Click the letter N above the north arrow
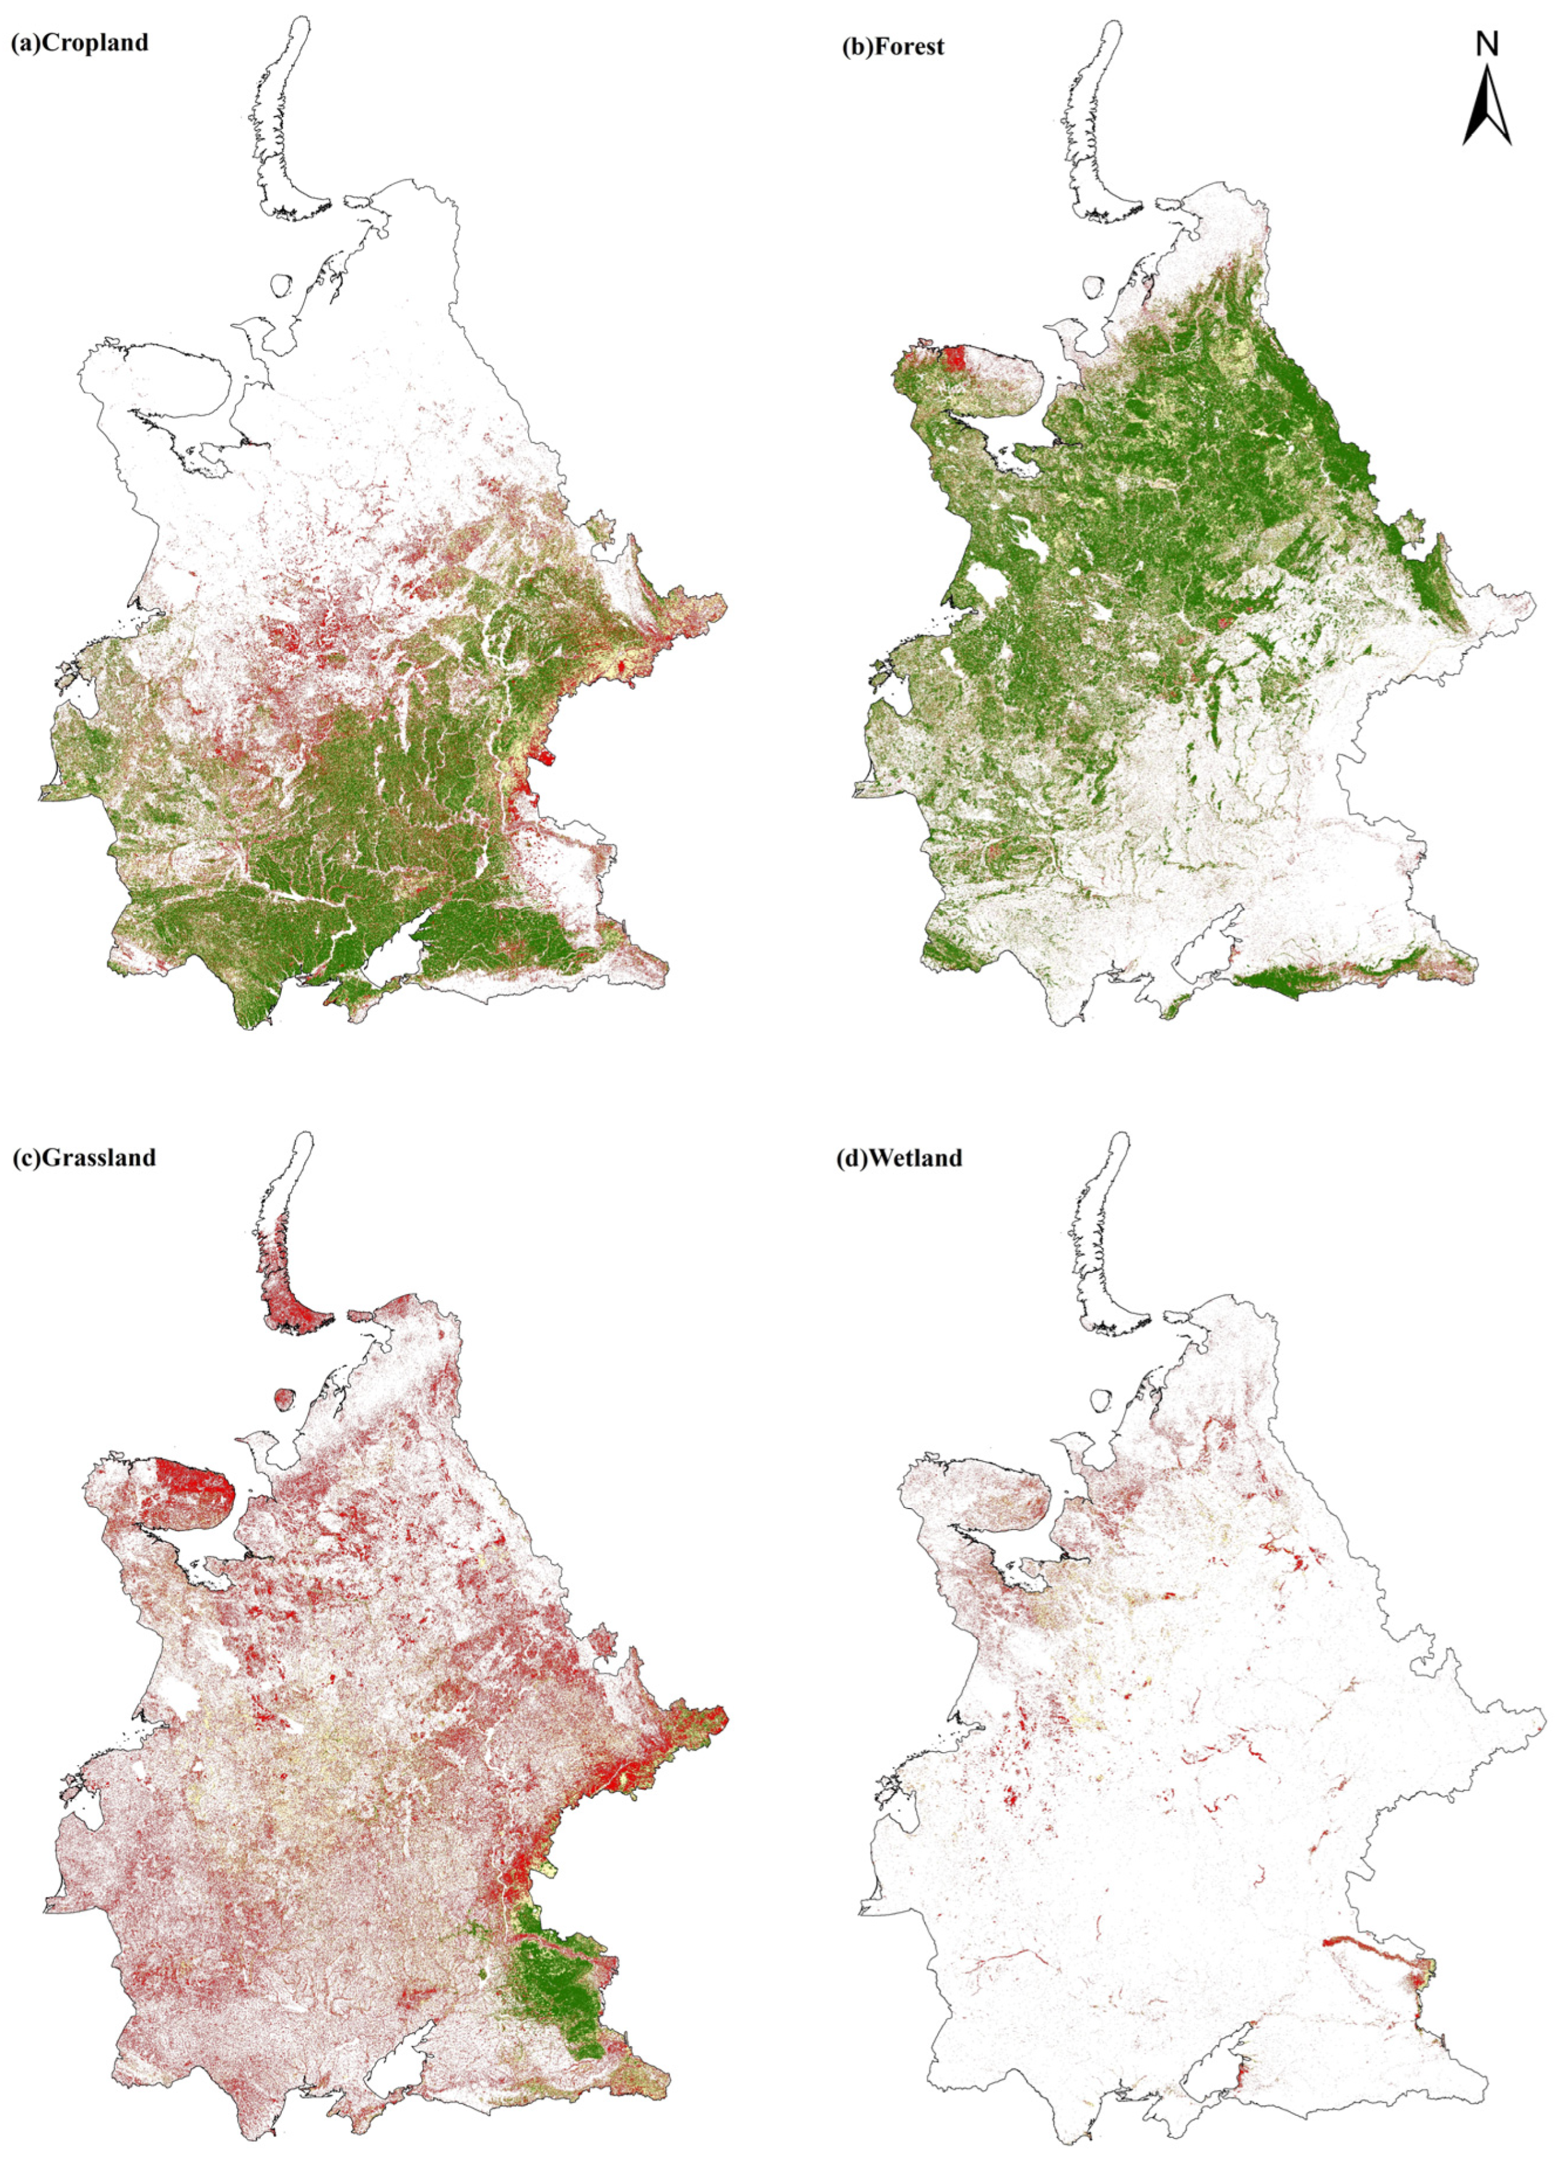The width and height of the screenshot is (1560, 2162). [1487, 44]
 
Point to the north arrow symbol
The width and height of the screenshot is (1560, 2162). [1487, 110]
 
